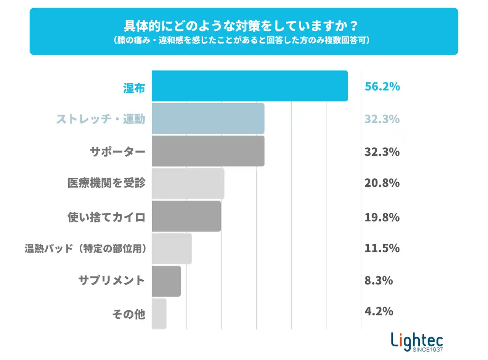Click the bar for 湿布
click(250, 86)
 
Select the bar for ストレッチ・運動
click(208, 119)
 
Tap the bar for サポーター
click(208, 151)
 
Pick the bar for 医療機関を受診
click(188, 183)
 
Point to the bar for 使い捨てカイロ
click(186, 216)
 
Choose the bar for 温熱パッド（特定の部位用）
click(172, 249)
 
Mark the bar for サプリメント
click(166, 281)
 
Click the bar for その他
click(159, 313)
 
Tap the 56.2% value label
click(382, 87)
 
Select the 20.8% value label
click(382, 183)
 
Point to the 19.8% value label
click(382, 217)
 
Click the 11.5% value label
click(382, 248)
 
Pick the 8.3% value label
click(379, 281)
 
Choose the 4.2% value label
click(379, 312)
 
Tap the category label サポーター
click(117, 152)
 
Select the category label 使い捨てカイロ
click(106, 218)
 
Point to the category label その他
click(128, 315)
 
